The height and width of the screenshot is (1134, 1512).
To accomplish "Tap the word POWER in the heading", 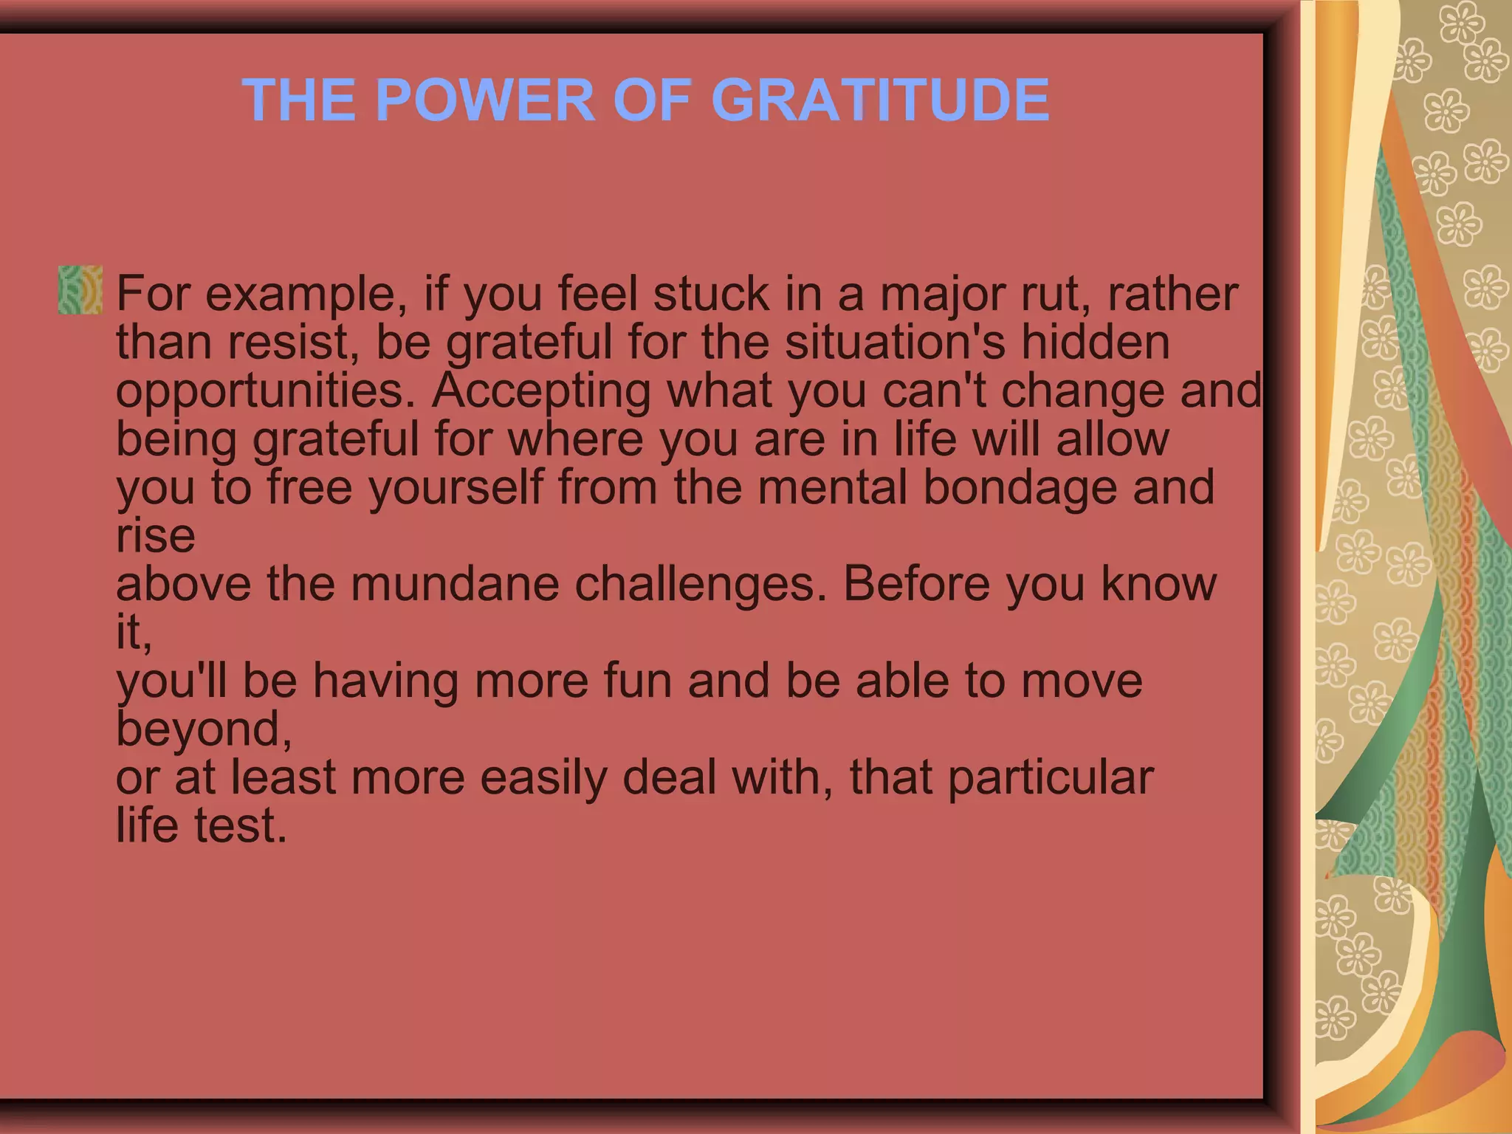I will click(485, 100).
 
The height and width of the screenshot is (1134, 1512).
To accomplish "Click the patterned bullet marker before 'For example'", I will click(80, 290).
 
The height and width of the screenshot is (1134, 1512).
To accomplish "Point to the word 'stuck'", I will click(711, 294).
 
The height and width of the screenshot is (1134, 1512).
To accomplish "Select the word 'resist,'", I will click(293, 343).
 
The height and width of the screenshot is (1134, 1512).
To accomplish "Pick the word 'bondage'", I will click(1020, 488).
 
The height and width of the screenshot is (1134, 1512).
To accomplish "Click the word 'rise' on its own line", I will click(155, 536).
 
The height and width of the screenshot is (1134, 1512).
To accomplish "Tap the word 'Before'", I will click(916, 584).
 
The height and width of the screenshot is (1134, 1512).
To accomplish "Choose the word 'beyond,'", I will click(204, 729).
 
